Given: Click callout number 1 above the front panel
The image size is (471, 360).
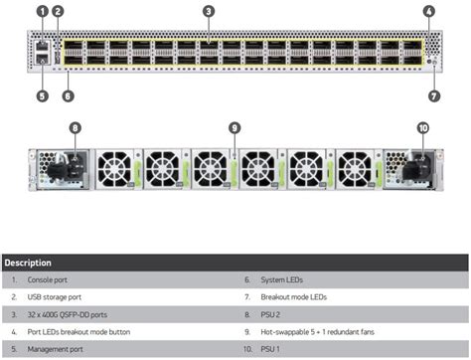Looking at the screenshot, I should tap(42, 11).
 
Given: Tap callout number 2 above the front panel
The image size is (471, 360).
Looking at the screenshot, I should tap(58, 11).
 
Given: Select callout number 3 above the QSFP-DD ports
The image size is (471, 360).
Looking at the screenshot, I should tap(208, 11).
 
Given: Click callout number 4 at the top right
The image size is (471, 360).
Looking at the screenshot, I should tap(428, 11).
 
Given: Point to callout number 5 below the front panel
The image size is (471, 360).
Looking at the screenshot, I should tap(42, 96).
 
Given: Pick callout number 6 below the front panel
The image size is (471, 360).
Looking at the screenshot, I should tap(67, 96).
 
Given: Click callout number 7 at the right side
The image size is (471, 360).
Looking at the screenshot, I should tap(433, 96).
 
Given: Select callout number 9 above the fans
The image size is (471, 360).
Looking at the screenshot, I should tap(235, 127).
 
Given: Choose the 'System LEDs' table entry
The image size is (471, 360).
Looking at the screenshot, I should tap(282, 280).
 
